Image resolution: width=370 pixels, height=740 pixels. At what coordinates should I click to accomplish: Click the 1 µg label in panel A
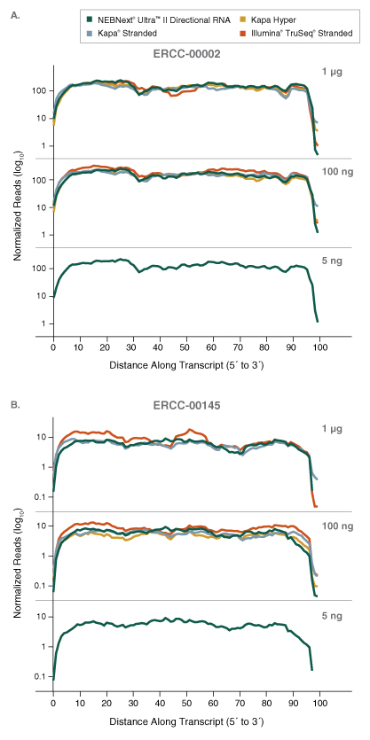[332, 71]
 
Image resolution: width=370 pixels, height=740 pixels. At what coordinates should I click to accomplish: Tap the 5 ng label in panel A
[332, 259]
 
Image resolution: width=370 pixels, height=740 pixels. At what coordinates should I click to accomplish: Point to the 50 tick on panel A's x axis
[185, 348]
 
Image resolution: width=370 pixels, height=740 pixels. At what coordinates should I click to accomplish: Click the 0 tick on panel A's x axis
[53, 348]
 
